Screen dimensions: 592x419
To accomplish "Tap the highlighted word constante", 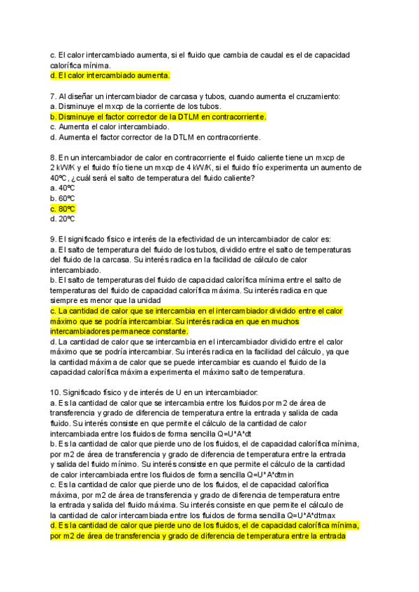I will (x=167, y=331).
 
